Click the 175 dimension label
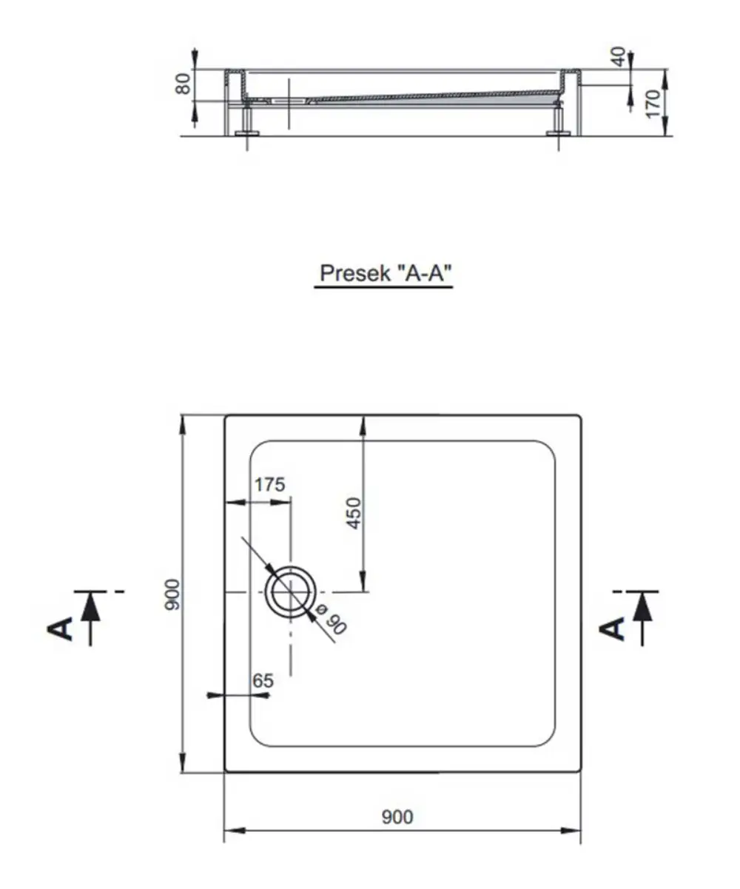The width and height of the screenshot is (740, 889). tap(269, 485)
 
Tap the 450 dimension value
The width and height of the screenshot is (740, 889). tap(354, 514)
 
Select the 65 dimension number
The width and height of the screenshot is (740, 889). tap(263, 681)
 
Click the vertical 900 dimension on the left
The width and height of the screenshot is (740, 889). tap(173, 594)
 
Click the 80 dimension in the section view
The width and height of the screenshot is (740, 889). tap(183, 84)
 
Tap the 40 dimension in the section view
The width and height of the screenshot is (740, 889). tap(618, 57)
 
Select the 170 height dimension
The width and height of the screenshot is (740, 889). tap(653, 103)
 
